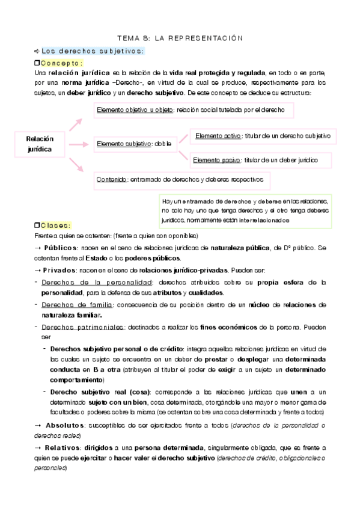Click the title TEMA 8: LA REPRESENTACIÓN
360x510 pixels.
[180, 38]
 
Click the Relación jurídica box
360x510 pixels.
[40, 143]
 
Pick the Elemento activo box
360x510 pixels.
[262, 136]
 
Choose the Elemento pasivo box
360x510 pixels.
[262, 161]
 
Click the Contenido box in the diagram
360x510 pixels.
[183, 179]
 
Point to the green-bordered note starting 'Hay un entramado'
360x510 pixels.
[246, 210]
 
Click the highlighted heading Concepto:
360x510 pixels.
[62, 63]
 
